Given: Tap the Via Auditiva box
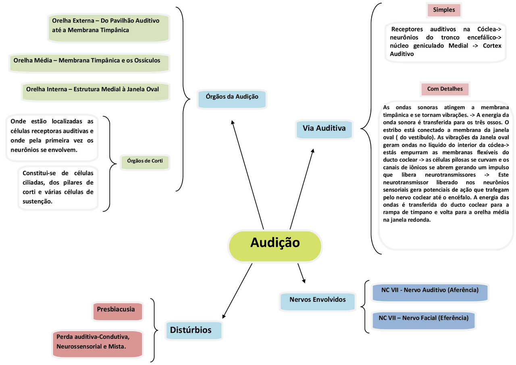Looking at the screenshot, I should tap(324, 129).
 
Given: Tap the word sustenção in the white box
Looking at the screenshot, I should tap(37, 201).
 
